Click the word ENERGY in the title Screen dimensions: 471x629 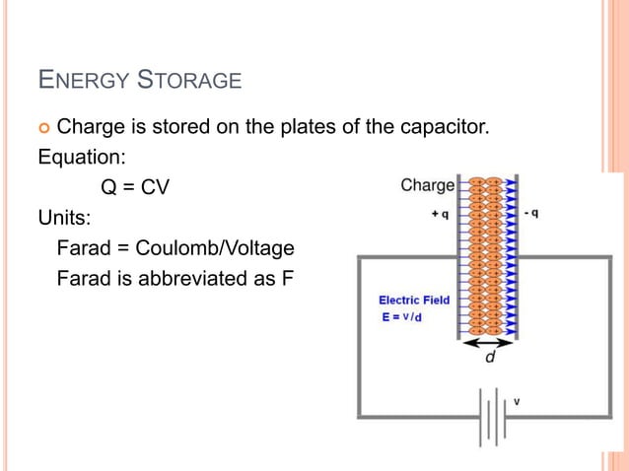pyautogui.click(x=83, y=79)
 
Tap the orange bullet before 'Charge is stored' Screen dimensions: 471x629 pyautogui.click(x=43, y=127)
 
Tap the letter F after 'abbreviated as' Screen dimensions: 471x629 pyautogui.click(x=288, y=278)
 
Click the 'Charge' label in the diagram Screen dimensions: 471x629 pyautogui.click(x=427, y=185)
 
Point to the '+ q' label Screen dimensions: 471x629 pyautogui.click(x=441, y=213)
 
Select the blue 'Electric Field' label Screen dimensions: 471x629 pyautogui.click(x=414, y=300)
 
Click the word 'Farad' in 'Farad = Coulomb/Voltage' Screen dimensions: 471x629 pyautogui.click(x=83, y=247)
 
